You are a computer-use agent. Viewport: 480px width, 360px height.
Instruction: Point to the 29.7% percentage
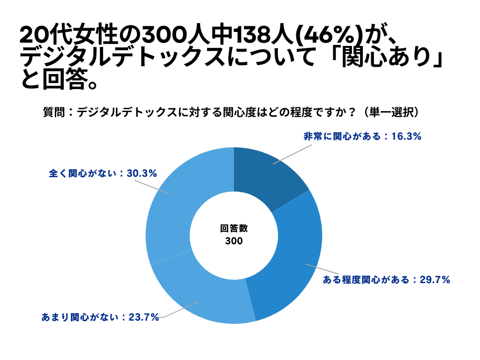[435, 280]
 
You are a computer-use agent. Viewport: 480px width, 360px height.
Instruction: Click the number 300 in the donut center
[234, 241]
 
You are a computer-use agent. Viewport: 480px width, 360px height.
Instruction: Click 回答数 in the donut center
[234, 229]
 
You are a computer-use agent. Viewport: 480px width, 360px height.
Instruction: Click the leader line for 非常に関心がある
[292, 154]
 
